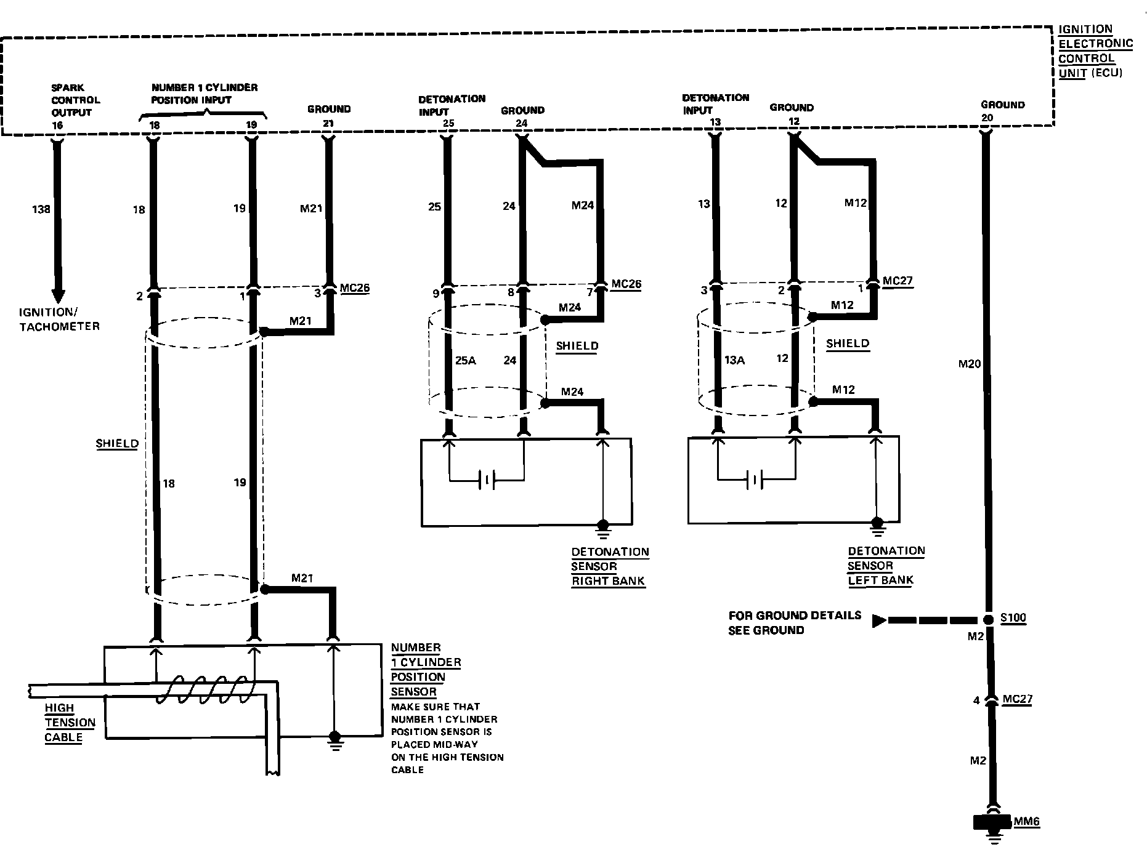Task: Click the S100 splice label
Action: click(1013, 619)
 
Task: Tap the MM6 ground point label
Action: click(1027, 822)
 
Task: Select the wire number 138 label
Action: click(41, 209)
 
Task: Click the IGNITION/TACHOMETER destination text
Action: click(59, 319)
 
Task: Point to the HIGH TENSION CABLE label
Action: click(70, 723)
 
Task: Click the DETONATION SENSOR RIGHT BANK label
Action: click(609, 566)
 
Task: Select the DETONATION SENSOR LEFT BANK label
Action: click(885, 565)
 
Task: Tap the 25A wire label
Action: click(466, 361)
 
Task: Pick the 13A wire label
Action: click(734, 360)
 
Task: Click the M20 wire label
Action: click(969, 364)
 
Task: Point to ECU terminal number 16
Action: click(57, 125)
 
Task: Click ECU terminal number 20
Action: click(987, 118)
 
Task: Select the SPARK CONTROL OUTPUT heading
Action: click(75, 100)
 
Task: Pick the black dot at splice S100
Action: click(987, 620)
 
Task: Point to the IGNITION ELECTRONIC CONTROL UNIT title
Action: click(1094, 51)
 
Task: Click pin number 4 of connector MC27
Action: click(976, 700)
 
